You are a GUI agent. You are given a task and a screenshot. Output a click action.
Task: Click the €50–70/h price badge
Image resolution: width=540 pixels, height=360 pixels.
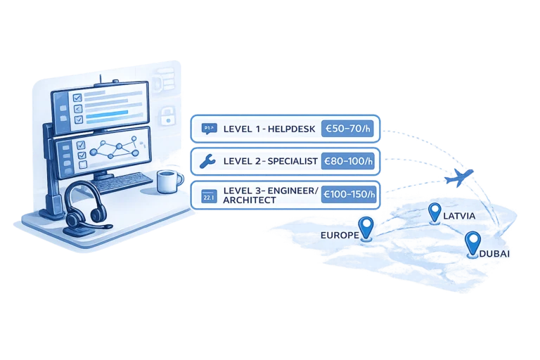tap(347, 129)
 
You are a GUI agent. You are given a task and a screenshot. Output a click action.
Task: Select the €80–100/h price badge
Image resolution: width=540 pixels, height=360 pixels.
tap(348, 161)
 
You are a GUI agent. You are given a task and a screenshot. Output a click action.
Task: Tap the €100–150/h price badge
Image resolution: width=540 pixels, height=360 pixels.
tap(349, 194)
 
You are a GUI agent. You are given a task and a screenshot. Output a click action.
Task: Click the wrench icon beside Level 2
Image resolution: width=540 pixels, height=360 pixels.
tap(207, 161)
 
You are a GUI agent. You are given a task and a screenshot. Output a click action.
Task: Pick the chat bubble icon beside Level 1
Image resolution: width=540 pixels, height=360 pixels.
tap(209, 129)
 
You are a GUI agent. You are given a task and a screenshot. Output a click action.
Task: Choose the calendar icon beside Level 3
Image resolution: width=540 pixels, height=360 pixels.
tap(209, 196)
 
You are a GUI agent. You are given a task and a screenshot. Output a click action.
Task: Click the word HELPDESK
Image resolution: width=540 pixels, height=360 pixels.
tap(291, 129)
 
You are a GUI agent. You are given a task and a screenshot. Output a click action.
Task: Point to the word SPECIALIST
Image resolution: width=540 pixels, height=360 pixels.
tap(292, 161)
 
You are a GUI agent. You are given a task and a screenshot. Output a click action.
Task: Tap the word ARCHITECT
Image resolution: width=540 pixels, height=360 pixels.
tap(250, 200)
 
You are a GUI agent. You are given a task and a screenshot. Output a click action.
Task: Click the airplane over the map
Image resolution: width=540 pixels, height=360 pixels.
tap(458, 177)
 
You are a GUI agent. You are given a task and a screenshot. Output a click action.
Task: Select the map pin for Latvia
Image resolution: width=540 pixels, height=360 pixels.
tap(435, 213)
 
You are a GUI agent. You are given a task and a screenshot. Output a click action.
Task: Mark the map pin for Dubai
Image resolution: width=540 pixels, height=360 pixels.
tap(472, 243)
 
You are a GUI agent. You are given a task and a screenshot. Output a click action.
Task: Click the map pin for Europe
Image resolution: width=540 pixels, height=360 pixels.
tap(366, 228)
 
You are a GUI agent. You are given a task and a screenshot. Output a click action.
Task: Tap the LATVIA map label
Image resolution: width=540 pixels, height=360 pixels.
tap(459, 216)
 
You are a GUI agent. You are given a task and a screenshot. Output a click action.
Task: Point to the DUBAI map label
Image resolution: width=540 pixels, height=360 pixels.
tap(494, 254)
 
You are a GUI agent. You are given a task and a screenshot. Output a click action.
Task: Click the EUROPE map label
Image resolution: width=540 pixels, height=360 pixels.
tap(340, 236)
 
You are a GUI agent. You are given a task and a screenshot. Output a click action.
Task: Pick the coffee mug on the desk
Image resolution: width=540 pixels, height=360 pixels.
tap(169, 181)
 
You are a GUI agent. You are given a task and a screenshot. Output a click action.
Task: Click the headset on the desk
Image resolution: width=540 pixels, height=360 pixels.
tap(86, 209)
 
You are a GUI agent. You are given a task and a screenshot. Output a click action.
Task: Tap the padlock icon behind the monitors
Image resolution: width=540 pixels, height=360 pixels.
tap(168, 115)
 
